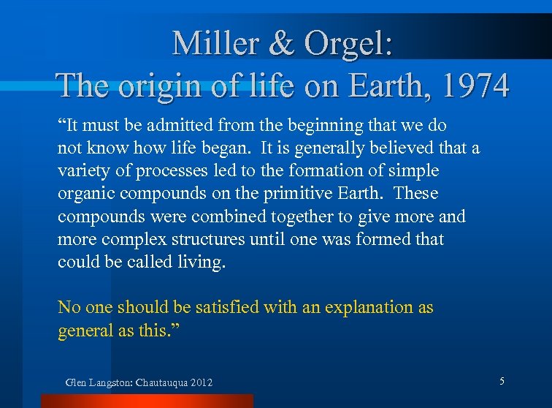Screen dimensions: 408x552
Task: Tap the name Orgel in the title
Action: (x=351, y=43)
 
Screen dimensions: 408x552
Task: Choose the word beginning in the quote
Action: (x=293, y=126)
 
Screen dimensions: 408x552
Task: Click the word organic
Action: (x=85, y=194)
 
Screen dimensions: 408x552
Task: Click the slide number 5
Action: (x=502, y=381)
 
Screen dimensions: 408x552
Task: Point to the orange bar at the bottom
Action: (x=146, y=401)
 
